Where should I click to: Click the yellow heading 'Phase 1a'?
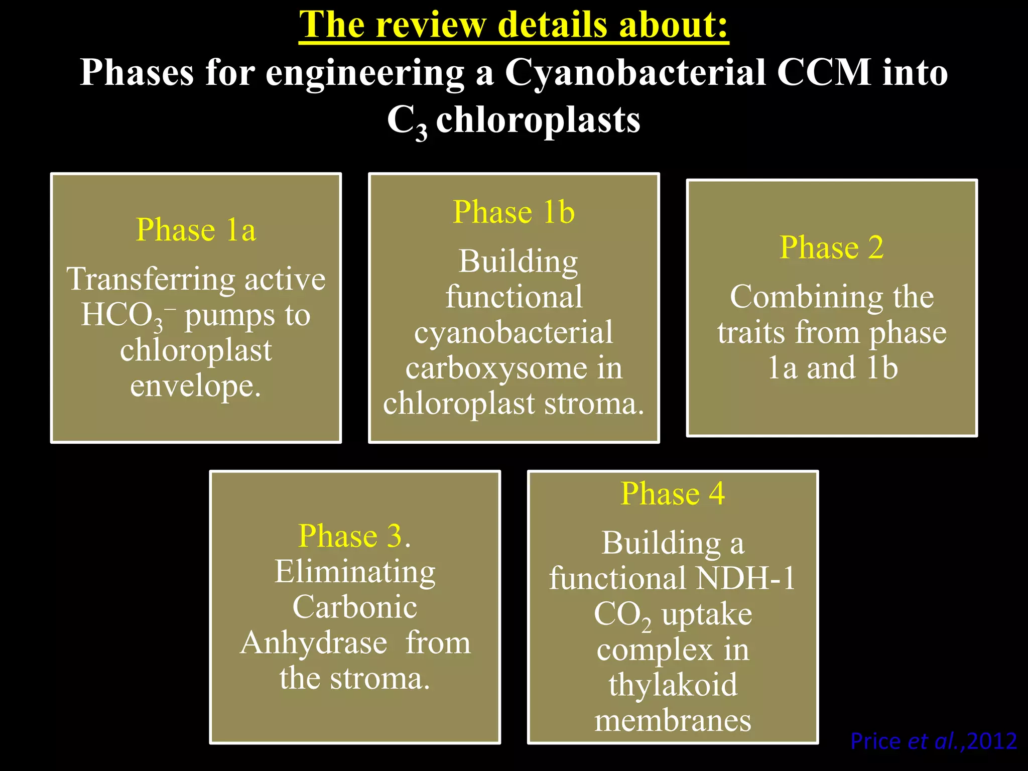(196, 230)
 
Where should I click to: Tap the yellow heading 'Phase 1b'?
(513, 212)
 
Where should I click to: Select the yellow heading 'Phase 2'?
(831, 247)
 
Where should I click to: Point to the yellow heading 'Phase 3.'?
(354, 536)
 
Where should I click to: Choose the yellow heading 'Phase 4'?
(673, 493)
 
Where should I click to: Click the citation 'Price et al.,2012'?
(933, 741)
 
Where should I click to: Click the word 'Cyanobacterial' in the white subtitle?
(634, 73)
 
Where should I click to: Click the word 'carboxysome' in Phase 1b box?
(496, 368)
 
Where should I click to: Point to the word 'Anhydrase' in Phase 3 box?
(314, 642)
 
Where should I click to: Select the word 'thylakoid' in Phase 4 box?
(673, 685)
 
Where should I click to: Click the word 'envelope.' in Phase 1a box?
(196, 386)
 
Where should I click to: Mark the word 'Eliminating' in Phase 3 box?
(354, 572)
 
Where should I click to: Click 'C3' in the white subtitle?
(407, 122)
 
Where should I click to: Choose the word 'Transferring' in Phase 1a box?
(151, 279)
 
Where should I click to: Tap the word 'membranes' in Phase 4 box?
(673, 721)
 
